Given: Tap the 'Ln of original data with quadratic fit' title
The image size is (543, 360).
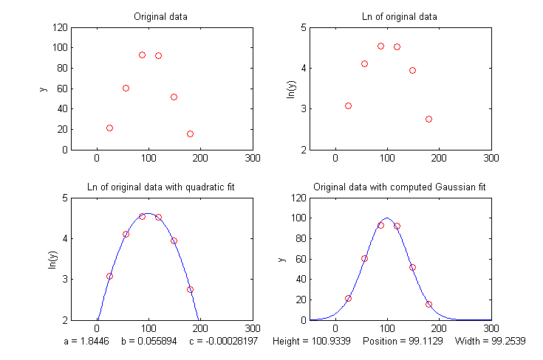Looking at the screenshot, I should [x=160, y=187].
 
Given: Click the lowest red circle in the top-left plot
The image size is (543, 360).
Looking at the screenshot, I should [x=190, y=134].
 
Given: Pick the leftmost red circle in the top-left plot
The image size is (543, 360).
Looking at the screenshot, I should [x=109, y=128].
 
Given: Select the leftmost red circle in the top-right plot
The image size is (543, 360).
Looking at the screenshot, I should [x=349, y=105].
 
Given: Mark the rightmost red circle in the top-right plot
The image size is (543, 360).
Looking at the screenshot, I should [x=428, y=119].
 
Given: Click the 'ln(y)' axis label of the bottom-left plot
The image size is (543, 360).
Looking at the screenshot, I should [x=52, y=259].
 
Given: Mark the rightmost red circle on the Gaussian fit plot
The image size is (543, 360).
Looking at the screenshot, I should [x=428, y=304].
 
